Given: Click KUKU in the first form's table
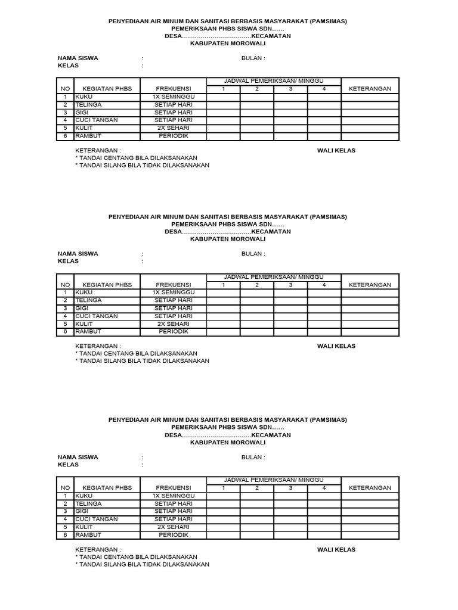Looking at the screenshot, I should point(83,97).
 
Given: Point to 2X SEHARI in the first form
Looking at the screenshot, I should point(173,128).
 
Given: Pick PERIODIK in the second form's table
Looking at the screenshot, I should point(173,331).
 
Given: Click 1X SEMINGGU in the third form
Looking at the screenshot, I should point(173,496).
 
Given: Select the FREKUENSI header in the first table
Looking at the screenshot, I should point(173,89).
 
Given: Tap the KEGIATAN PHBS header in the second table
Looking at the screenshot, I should point(107,285).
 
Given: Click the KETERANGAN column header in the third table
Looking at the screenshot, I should point(370,487).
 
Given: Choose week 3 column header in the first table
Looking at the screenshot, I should point(290,89).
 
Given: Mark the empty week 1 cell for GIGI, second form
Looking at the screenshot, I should point(224,309).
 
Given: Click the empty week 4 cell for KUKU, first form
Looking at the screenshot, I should point(324,97).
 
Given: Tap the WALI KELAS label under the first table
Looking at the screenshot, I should point(336,151).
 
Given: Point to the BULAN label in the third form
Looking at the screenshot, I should point(253,457).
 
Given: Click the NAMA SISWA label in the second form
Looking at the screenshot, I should point(78,254).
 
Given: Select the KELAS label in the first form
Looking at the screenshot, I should point(68,66).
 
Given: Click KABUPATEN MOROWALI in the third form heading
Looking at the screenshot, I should point(227,443).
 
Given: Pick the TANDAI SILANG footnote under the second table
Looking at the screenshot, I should point(142,361).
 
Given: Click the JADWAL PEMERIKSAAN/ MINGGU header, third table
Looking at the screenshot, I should point(274,480).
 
